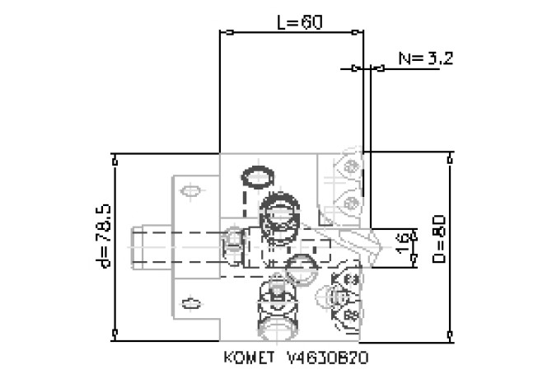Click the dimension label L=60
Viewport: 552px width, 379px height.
point(299,21)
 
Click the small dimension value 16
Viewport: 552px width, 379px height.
point(403,244)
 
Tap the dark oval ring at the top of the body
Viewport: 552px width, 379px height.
point(260,175)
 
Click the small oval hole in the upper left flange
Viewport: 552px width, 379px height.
point(191,192)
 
